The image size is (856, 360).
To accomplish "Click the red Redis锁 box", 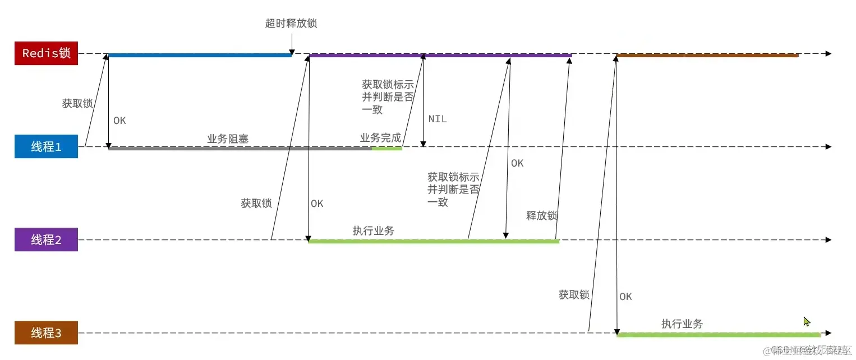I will coord(46,53).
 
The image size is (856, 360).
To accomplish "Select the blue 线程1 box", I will coord(46,147).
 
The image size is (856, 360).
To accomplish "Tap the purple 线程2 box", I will coord(46,240).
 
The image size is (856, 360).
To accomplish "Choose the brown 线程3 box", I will coord(46,333).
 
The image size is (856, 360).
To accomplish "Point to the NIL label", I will coord(438,119).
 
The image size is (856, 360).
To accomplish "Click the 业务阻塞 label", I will coord(228,139).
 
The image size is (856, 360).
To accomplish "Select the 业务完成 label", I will coord(380,137).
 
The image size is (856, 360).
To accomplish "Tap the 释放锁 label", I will coord(541,215).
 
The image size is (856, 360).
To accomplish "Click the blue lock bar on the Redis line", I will coord(199,55).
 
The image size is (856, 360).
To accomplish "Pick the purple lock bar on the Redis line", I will coord(440,55).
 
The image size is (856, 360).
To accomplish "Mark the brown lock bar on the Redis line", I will coord(707,55).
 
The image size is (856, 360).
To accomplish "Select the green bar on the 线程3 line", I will coord(718,335).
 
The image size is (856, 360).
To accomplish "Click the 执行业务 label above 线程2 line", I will coord(373,230).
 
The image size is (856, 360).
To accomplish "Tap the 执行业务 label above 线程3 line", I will coord(682,324).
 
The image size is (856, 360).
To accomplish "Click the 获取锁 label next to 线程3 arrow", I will coord(574,294).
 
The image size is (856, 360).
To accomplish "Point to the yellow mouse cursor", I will coord(806,321).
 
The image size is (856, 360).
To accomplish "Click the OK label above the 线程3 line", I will coord(625,297).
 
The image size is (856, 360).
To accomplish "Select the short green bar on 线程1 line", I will coord(386,149).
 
